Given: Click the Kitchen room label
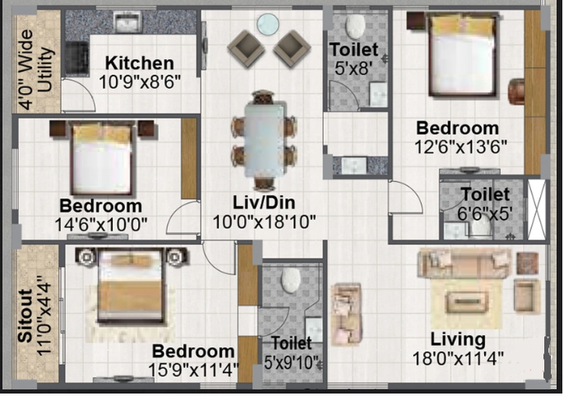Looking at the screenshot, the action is tap(140, 63).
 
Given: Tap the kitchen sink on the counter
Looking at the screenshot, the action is tap(127, 21).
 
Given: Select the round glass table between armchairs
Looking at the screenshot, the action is tap(268, 24).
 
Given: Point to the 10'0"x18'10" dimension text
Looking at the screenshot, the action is tap(265, 222).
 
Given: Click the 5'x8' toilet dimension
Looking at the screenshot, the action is tap(354, 68).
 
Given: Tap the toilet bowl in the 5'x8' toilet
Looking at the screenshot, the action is tap(355, 26).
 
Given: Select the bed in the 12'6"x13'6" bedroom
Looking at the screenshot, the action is tap(462, 54).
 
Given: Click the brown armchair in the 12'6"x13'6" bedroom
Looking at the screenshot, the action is tap(516, 91).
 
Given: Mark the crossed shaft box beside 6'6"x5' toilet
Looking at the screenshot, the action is tap(537, 209).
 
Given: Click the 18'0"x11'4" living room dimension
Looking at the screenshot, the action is tap(458, 358).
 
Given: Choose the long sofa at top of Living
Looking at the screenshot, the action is tap(465, 263).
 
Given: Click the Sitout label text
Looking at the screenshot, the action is tap(25, 315).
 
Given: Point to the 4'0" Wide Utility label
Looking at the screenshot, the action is tap(36, 70).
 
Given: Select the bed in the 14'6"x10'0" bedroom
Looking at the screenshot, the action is tap(102, 159).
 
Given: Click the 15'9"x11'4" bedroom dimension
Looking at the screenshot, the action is tap(194, 370).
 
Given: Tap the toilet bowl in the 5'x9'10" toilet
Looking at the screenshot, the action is tap(291, 281).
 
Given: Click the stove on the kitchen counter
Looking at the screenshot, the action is tap(76, 59).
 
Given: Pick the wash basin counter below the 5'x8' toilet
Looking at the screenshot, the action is tap(360, 165).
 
